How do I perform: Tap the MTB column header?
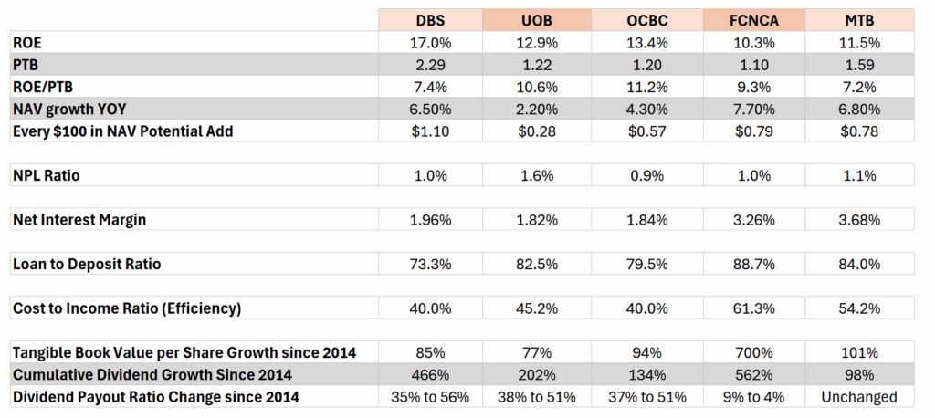tap(859, 20)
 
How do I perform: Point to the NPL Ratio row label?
tap(46, 175)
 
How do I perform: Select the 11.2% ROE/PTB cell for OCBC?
tap(646, 87)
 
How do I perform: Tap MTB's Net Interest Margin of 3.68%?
tap(859, 219)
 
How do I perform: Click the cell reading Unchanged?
tap(859, 397)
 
